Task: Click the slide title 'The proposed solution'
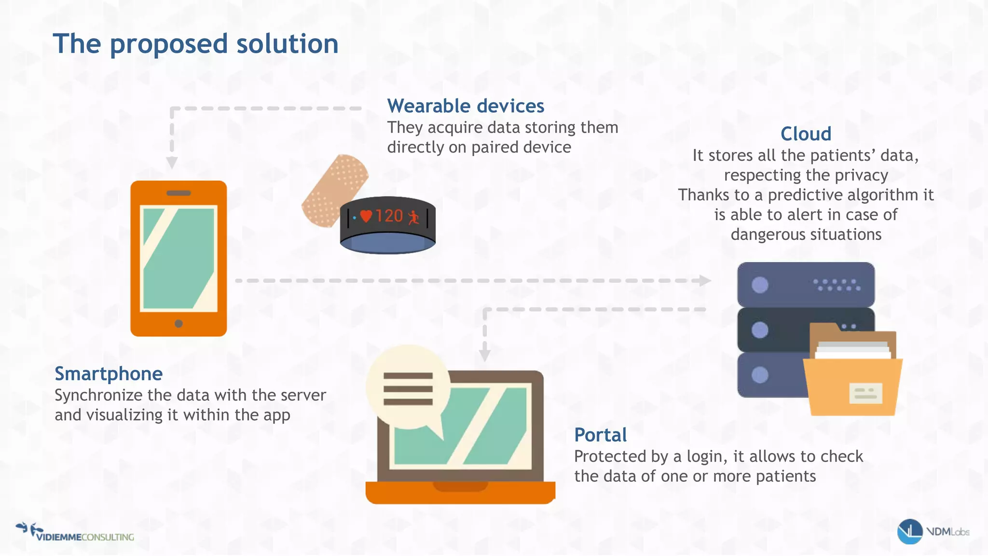(195, 44)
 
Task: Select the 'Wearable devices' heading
(466, 106)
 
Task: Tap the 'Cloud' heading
(806, 134)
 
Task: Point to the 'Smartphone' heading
(109, 374)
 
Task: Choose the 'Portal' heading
(600, 435)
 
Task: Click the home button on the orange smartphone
(178, 323)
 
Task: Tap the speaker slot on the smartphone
(178, 193)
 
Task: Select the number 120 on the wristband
(389, 216)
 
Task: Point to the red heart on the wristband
(366, 216)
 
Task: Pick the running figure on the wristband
(413, 217)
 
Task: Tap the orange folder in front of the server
(852, 386)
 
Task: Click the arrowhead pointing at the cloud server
(705, 280)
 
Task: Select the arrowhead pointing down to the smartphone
(172, 163)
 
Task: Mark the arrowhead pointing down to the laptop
(485, 355)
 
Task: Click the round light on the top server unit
(760, 285)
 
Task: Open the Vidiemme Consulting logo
(75, 532)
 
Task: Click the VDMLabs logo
(933, 531)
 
